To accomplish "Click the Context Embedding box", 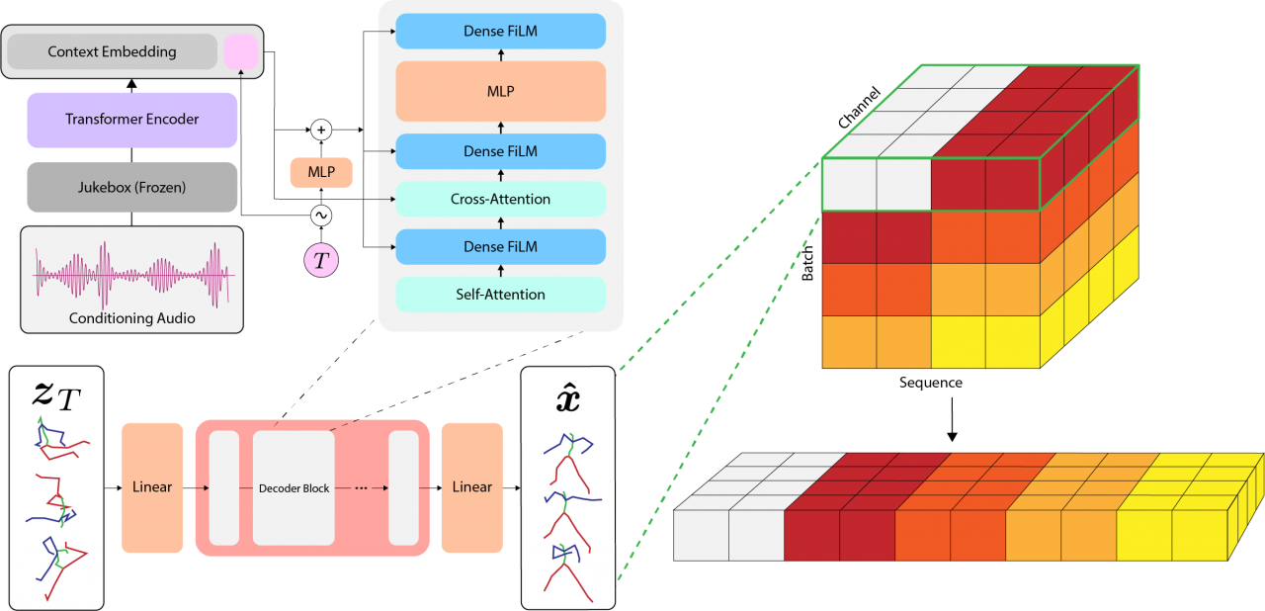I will click(111, 51).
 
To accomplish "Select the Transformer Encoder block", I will click(132, 120).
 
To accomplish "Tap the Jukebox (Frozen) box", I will click(132, 187).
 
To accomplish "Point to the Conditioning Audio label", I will click(131, 318).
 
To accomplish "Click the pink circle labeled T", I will click(321, 260).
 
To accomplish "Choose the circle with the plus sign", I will click(321, 130).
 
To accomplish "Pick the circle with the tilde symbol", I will click(321, 215).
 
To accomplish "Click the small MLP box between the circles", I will click(321, 172).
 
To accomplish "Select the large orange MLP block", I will click(500, 91).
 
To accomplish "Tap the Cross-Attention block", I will click(500, 199).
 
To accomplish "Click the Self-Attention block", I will click(500, 294).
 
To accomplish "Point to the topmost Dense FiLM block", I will click(500, 32).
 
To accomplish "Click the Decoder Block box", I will click(294, 488).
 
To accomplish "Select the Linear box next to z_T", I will click(152, 487).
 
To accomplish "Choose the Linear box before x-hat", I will click(472, 487).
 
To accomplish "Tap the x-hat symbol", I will click(567, 398).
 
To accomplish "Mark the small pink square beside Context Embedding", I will click(240, 52).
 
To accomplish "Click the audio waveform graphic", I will click(131, 274).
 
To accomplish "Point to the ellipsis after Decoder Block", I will click(361, 488).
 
